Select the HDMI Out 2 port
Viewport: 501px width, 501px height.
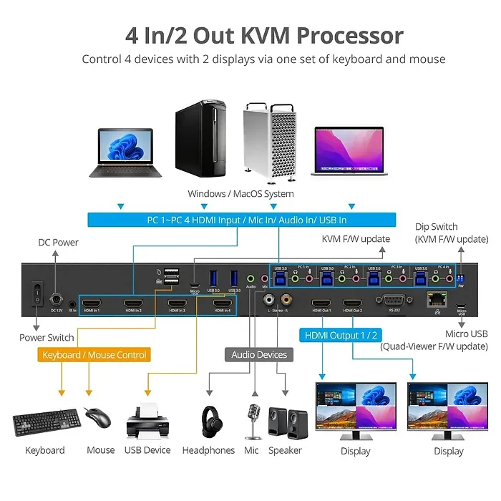pyautogui.click(x=352, y=303)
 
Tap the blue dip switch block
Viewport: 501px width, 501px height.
pyautogui.click(x=460, y=276)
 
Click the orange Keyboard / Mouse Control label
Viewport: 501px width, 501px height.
pyautogui.click(x=94, y=355)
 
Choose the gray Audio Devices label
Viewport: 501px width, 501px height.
pyautogui.click(x=259, y=354)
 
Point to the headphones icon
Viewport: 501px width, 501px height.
pyautogui.click(x=210, y=422)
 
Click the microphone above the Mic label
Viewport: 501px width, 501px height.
pyautogui.click(x=252, y=421)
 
